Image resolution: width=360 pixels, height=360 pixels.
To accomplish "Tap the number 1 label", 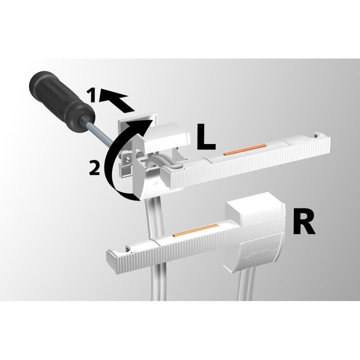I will (92, 95).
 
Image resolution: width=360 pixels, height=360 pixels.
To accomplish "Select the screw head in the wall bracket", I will (129, 158).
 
